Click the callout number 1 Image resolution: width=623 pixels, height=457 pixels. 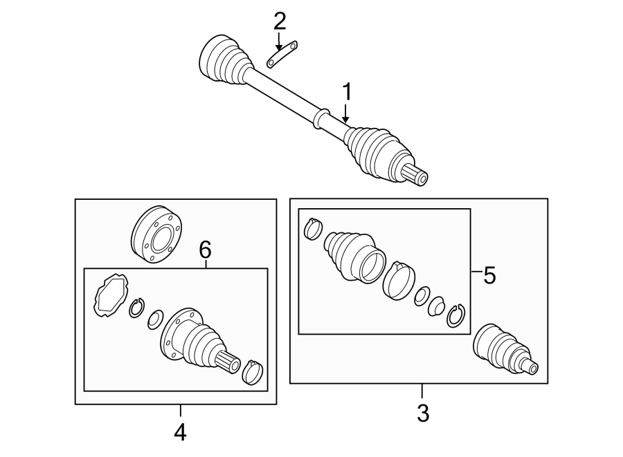(347, 92)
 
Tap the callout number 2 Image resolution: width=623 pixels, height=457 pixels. (280, 22)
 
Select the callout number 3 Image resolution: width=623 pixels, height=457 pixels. (422, 414)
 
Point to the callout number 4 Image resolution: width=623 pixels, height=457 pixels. (180, 432)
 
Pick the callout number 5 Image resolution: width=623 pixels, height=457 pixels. (489, 276)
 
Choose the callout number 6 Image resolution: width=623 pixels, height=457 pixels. (205, 250)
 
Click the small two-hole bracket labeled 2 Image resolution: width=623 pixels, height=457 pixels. (282, 55)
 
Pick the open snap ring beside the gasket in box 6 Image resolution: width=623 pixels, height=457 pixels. (136, 308)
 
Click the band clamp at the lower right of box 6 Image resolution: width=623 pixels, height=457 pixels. (253, 371)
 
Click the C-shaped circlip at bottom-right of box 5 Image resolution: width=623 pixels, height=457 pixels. (455, 315)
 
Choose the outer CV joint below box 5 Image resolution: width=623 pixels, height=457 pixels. (503, 349)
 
